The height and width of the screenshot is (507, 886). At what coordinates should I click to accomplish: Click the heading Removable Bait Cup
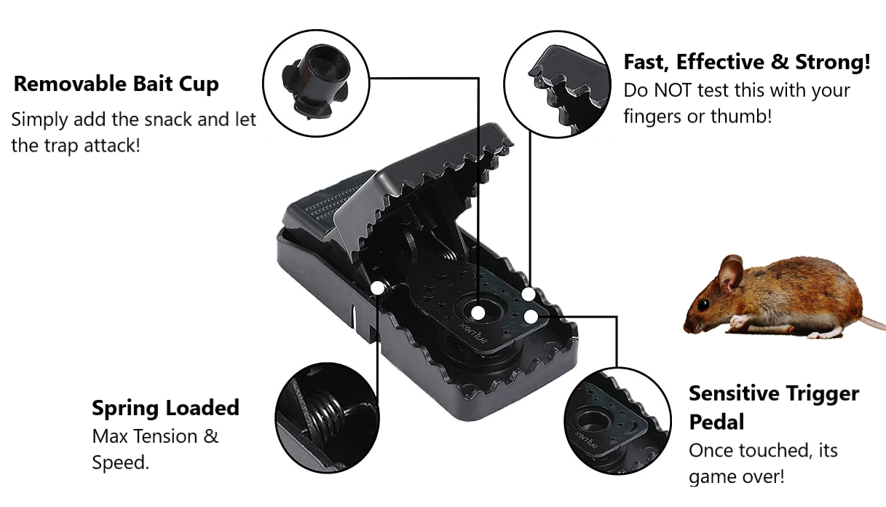pos(116,84)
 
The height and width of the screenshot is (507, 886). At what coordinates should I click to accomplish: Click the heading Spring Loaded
pos(166,408)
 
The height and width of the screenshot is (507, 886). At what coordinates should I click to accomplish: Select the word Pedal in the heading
pos(716,422)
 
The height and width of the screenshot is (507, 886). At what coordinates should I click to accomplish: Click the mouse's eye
pos(703,304)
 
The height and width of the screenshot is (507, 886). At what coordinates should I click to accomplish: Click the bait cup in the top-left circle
pos(316,81)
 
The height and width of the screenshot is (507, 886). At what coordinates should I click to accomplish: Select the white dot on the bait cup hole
pos(478,313)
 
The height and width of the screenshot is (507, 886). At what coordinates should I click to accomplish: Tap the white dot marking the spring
pos(378,288)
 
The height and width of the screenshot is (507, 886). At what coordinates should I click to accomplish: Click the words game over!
pos(737,476)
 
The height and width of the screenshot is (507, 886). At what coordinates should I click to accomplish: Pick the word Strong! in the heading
pos(833,62)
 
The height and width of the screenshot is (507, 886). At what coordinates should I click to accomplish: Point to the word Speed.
pos(120,463)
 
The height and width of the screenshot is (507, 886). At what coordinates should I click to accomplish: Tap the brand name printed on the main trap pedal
pos(473,333)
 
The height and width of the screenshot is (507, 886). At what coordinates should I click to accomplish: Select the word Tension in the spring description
pos(166,437)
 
